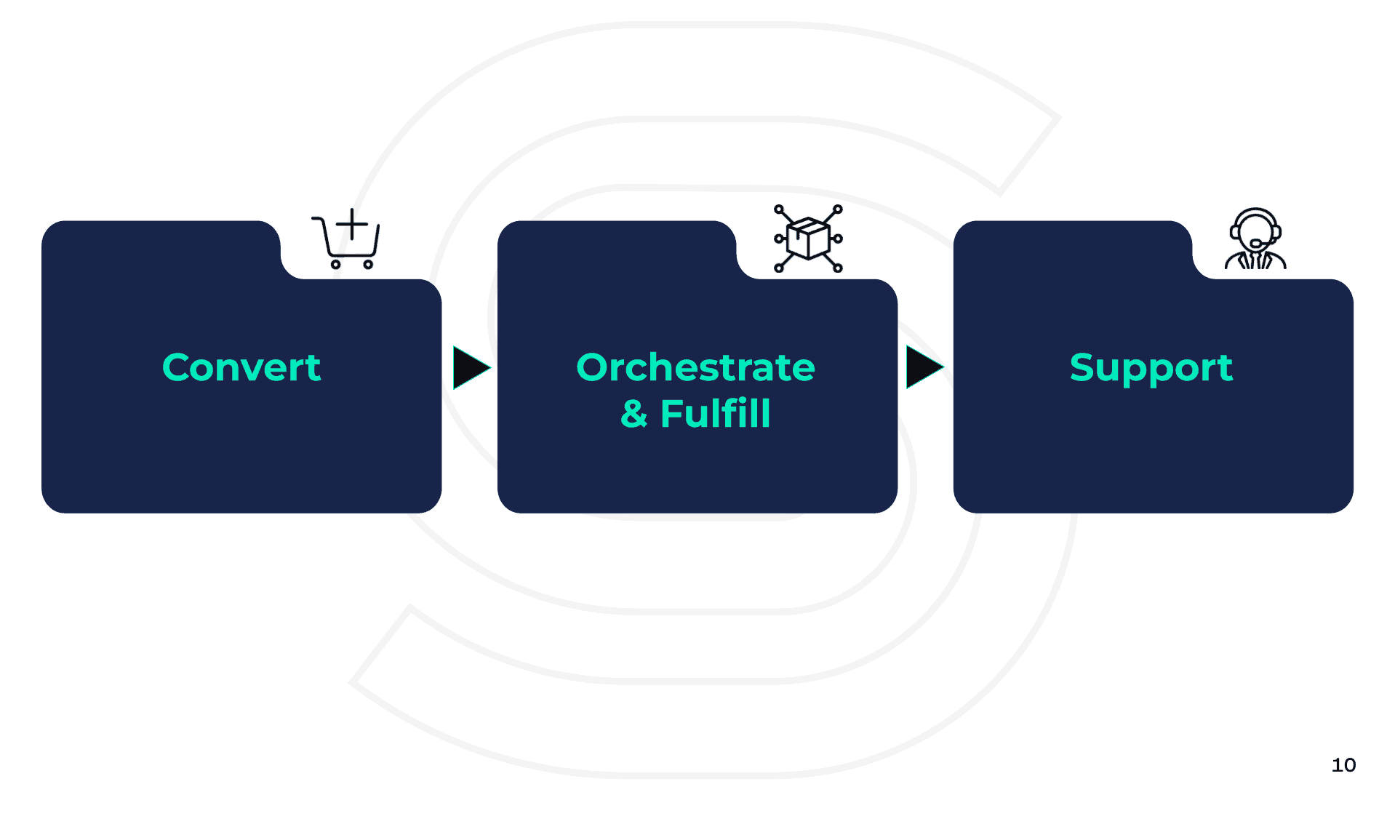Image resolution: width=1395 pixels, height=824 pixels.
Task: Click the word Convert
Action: [241, 367]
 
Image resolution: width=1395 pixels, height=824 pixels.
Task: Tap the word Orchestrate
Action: [695, 367]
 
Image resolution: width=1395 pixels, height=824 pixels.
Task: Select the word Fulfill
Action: [715, 414]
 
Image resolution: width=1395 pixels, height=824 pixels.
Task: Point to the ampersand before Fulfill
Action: [633, 415]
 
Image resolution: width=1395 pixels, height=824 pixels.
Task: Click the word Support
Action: [1151, 369]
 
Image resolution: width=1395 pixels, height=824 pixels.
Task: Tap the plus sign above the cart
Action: [352, 224]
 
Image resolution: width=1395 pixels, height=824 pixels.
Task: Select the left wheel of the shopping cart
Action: [335, 265]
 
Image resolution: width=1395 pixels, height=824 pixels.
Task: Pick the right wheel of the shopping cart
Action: [368, 265]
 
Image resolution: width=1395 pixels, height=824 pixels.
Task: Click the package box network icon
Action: [808, 239]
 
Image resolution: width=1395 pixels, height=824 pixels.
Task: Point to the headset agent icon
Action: [1255, 239]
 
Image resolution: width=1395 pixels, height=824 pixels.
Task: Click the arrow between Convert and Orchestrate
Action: [471, 367]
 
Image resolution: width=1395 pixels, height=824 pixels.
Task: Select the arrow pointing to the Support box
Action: [924, 367]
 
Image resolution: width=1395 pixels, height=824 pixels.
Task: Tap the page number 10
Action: [1343, 765]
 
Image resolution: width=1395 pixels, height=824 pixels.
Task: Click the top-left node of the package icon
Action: [779, 209]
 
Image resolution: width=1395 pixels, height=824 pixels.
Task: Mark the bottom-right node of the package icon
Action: [838, 268]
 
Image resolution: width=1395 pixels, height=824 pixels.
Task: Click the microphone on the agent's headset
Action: [1255, 244]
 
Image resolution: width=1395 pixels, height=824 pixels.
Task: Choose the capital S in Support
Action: [1083, 367]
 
